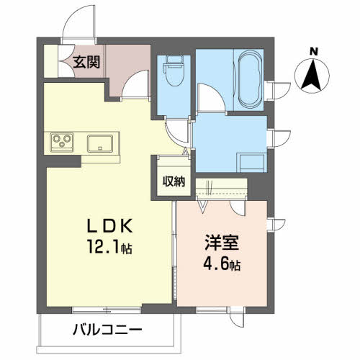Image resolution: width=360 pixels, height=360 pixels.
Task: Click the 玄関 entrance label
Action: (x=86, y=62)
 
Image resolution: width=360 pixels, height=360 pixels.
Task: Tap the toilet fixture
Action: (x=174, y=71)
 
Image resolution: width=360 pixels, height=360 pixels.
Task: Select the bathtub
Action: (x=250, y=79)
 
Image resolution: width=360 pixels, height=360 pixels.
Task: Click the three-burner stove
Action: (x=62, y=143)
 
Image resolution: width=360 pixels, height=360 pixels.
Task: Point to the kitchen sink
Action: (x=100, y=143)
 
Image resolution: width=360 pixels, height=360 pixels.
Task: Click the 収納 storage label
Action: (x=174, y=181)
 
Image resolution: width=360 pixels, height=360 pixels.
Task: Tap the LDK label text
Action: (x=109, y=226)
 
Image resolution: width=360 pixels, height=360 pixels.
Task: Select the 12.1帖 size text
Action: (x=110, y=246)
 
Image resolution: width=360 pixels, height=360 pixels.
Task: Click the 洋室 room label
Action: (x=222, y=243)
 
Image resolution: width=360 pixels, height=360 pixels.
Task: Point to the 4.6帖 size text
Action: (x=222, y=264)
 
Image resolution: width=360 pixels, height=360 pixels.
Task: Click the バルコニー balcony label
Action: (x=107, y=330)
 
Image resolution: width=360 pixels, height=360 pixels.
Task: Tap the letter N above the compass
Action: (x=313, y=52)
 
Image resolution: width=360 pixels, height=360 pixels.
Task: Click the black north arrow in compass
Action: (x=312, y=75)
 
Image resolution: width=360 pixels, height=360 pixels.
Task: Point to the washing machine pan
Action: (x=251, y=163)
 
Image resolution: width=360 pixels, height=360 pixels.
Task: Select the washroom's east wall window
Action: (x=279, y=138)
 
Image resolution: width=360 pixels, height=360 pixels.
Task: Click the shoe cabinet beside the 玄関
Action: (x=51, y=61)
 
